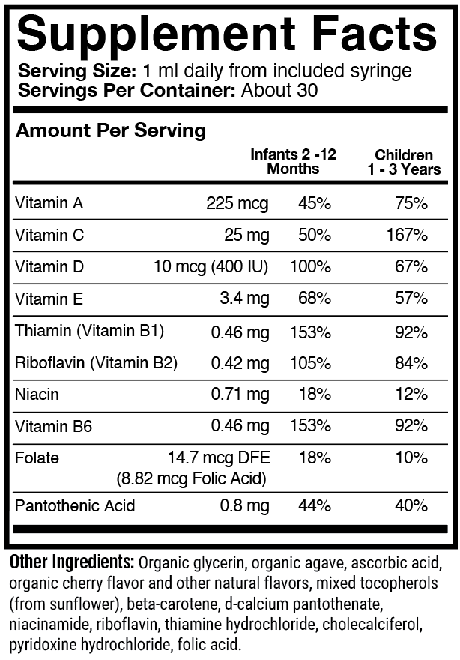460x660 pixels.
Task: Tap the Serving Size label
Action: [x=75, y=71]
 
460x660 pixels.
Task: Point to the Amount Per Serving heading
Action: [x=110, y=130]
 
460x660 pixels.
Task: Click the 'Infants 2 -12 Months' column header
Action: [x=293, y=161]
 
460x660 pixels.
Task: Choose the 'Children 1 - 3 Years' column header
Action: [x=404, y=162]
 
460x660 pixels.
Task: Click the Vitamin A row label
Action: [x=49, y=203]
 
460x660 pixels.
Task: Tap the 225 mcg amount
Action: [x=237, y=203]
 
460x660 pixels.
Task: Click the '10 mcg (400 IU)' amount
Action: [x=211, y=267]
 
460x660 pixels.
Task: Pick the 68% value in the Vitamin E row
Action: [x=315, y=299]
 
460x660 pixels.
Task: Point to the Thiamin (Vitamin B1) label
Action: [x=89, y=331]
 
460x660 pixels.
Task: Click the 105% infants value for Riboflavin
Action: [x=311, y=363]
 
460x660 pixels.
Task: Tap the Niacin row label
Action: [x=37, y=394]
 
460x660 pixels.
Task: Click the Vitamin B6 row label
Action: [x=50, y=426]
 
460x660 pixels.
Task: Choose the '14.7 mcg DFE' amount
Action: [x=220, y=457]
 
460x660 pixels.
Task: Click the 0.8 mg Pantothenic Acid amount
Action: [x=244, y=506]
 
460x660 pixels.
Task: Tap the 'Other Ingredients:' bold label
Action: [x=71, y=562]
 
